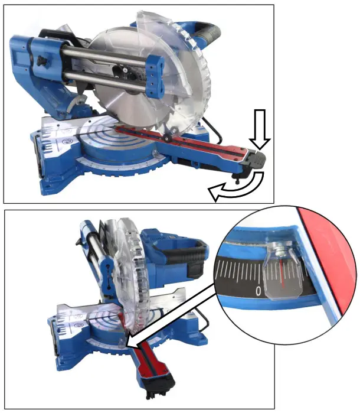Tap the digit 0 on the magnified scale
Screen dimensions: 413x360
(259, 291)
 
